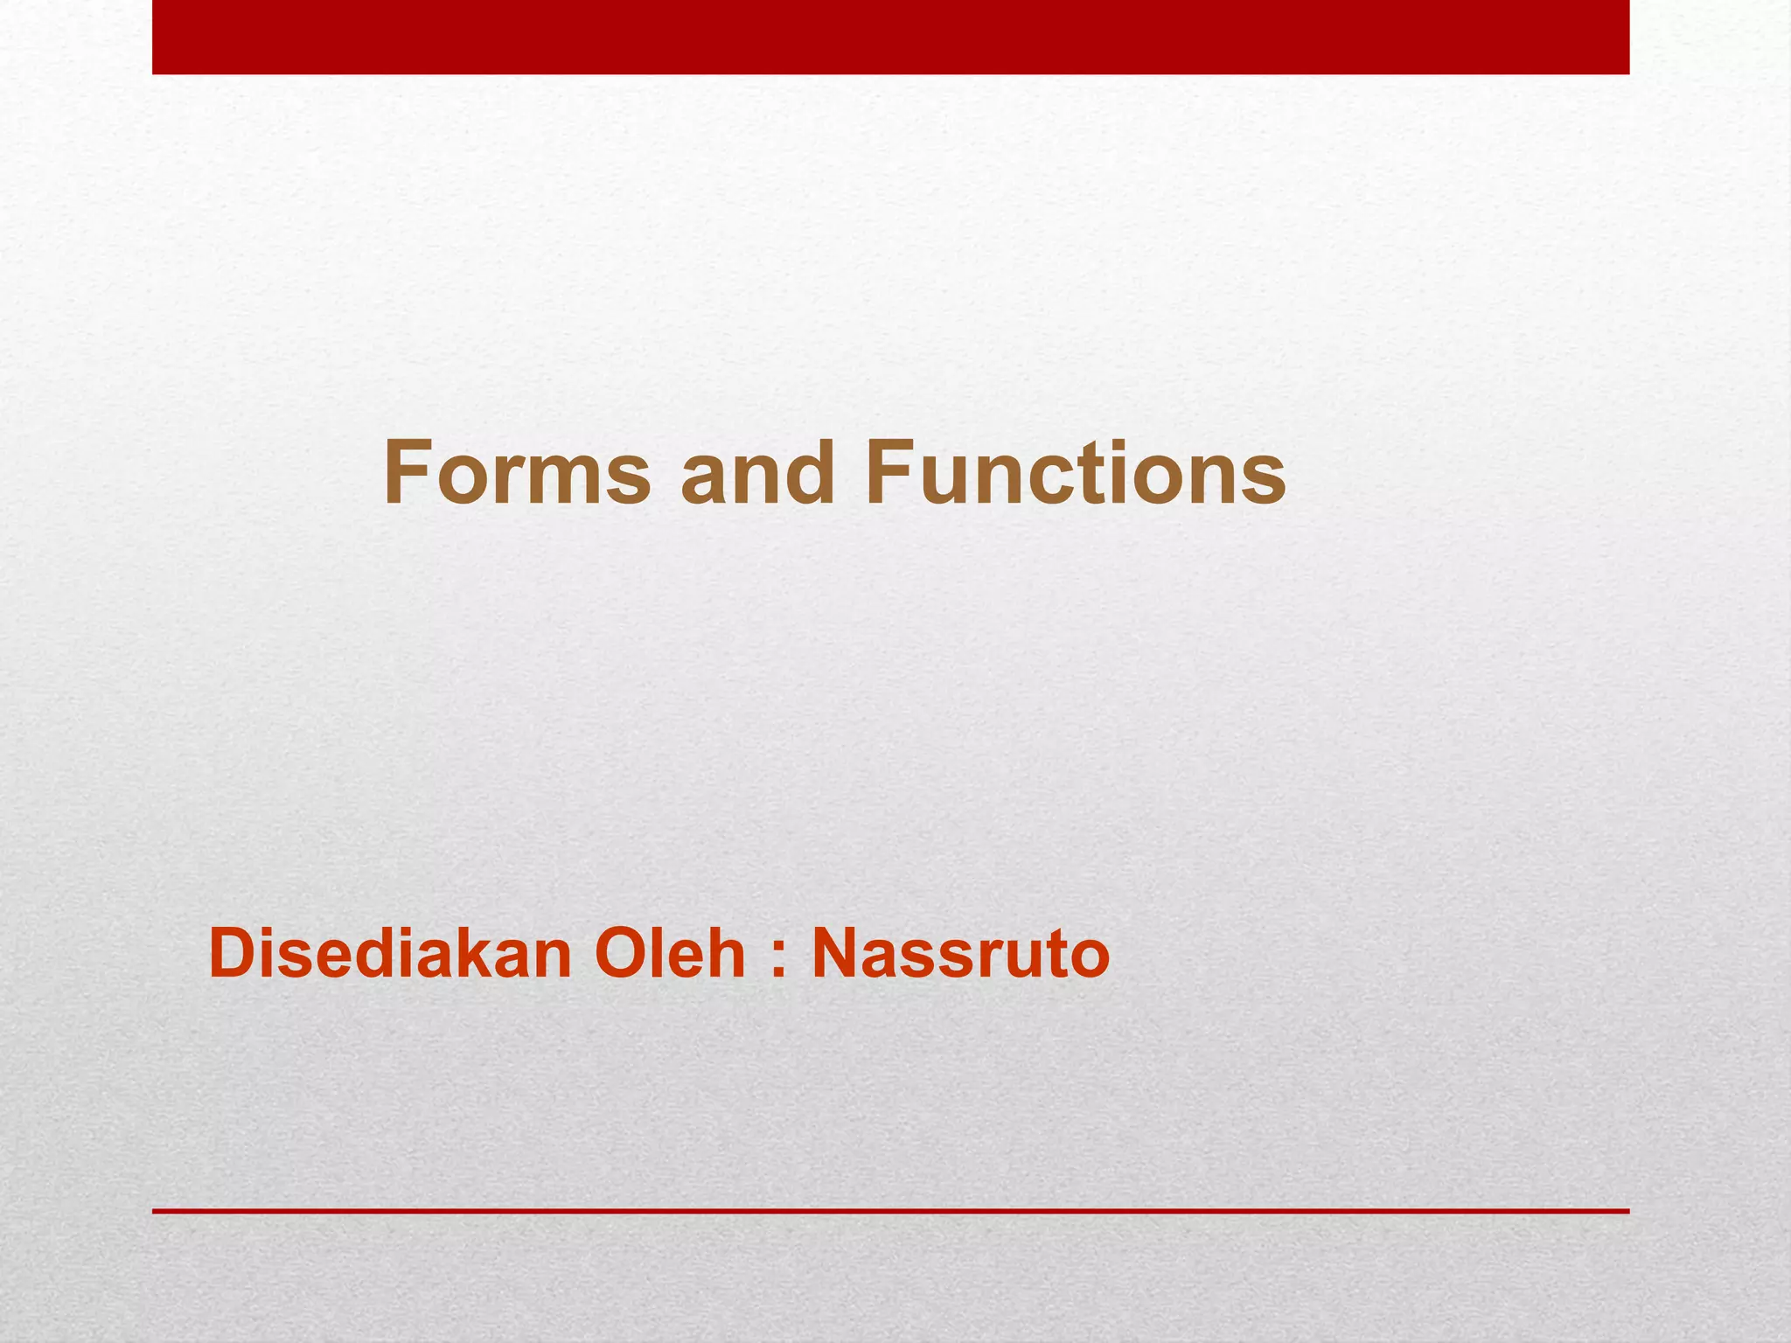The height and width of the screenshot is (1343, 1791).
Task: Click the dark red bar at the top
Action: [x=890, y=37]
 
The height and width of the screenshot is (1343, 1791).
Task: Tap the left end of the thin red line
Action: [x=156, y=1211]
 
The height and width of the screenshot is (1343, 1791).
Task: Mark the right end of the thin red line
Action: [x=1627, y=1211]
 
